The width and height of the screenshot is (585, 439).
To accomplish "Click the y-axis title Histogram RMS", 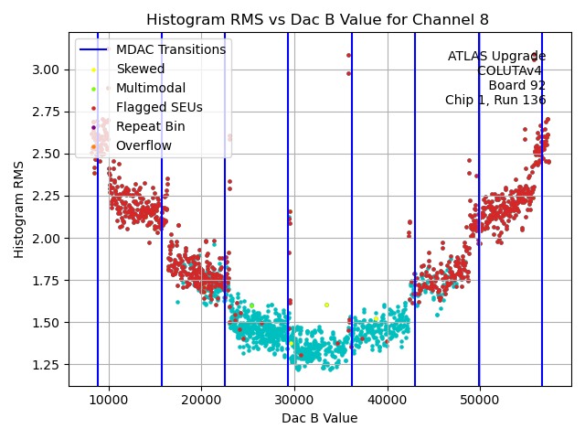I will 19,209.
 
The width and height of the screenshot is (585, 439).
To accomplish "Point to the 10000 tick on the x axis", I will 109,399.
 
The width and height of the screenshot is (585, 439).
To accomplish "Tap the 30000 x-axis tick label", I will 294,399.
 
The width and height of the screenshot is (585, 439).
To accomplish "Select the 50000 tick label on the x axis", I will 480,399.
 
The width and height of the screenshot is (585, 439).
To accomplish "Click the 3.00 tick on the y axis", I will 46,70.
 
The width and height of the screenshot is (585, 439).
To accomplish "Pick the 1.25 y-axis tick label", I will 46,365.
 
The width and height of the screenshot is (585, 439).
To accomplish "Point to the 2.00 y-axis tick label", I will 46,239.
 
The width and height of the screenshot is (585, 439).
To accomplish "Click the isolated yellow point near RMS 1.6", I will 326,305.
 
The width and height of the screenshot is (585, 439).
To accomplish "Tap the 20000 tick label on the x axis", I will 202,399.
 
